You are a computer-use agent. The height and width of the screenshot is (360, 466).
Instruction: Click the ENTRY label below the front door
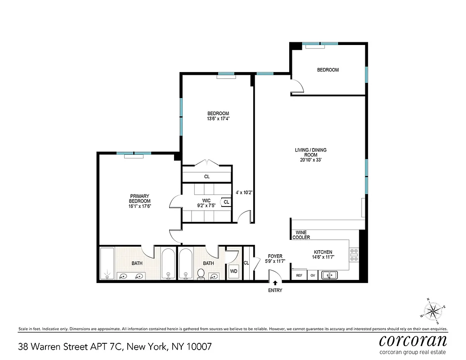click(x=275, y=290)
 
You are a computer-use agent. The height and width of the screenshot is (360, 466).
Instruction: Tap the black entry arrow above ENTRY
click(x=275, y=283)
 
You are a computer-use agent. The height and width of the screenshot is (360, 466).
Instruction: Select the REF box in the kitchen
click(x=299, y=275)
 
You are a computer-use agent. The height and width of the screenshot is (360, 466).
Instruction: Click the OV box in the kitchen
click(x=313, y=275)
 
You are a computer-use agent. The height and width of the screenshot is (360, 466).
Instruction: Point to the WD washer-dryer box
click(x=233, y=271)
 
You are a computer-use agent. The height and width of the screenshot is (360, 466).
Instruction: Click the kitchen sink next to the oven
click(x=330, y=274)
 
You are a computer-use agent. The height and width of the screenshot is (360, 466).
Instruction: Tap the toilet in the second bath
click(x=201, y=274)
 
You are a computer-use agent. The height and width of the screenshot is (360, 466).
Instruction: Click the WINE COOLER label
click(x=301, y=235)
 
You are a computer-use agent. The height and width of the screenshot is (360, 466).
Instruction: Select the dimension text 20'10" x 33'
click(x=310, y=160)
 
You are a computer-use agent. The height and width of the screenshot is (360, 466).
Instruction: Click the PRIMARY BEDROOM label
click(x=139, y=198)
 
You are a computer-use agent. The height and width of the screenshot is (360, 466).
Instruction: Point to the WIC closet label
click(x=206, y=200)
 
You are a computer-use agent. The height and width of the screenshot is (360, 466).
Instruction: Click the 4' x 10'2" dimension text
click(x=244, y=192)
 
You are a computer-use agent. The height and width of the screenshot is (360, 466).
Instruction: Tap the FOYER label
click(x=275, y=256)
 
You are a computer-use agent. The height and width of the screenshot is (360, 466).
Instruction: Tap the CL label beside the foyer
click(x=246, y=263)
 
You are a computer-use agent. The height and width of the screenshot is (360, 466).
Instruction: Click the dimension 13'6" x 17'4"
click(x=218, y=119)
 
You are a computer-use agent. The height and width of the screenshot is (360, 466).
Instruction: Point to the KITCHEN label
click(x=323, y=252)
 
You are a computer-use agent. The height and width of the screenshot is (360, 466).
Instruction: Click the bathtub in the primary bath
click(x=107, y=263)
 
